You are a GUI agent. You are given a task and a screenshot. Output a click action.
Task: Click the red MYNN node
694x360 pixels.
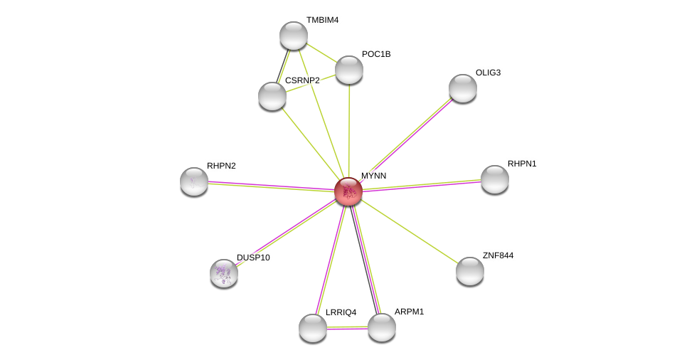click(348, 191)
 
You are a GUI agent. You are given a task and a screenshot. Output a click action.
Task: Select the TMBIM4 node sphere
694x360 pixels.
click(294, 36)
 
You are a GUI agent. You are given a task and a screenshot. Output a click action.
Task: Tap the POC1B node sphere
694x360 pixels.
click(349, 70)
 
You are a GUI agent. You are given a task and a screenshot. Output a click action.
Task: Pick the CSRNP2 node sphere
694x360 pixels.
click(272, 96)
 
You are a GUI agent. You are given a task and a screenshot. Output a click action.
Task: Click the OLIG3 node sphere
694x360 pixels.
click(463, 88)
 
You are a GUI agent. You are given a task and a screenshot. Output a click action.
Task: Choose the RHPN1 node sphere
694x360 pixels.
click(495, 179)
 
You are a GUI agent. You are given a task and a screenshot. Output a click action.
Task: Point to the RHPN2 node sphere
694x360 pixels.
click(194, 181)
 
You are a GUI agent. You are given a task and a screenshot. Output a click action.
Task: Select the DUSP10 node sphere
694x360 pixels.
click(224, 273)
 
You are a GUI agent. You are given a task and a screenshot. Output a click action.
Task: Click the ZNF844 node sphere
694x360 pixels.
click(470, 271)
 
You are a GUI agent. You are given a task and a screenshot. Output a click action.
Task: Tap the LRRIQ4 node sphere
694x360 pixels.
click(313, 328)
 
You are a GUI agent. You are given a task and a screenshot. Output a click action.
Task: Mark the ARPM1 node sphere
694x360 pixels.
click(382, 328)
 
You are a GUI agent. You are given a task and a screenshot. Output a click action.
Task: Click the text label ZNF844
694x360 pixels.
click(498, 255)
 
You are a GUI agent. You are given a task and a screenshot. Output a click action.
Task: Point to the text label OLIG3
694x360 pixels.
click(489, 73)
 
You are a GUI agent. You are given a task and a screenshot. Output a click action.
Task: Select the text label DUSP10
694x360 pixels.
click(253, 258)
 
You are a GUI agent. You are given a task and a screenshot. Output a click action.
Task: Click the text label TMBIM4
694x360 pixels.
click(323, 21)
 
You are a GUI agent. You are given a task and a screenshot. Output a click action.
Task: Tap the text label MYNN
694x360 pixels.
click(373, 176)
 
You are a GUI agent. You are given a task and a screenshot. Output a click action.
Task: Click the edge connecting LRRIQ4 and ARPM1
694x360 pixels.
click(348, 328)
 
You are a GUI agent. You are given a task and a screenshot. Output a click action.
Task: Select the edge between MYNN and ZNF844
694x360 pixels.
click(410, 231)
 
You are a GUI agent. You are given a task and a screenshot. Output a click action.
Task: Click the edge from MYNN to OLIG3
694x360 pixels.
click(406, 140)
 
